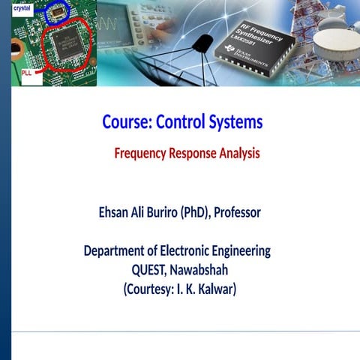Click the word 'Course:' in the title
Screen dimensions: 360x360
[x=126, y=121]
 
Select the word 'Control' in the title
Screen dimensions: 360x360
[x=178, y=121]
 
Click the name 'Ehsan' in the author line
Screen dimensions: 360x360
[x=115, y=212]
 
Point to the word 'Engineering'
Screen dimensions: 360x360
[x=241, y=250]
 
